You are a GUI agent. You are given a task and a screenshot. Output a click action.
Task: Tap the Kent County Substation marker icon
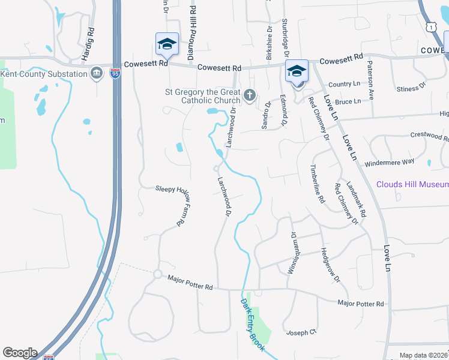pyautogui.click(x=96, y=74)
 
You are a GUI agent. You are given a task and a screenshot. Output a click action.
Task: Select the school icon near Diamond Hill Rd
pyautogui.click(x=167, y=44)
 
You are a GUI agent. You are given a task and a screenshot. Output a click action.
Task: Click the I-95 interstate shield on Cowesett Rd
pyautogui.click(x=115, y=74)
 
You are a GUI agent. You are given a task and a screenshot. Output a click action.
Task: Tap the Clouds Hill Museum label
pyautogui.click(x=412, y=184)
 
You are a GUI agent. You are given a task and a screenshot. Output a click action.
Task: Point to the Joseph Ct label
pyautogui.click(x=301, y=332)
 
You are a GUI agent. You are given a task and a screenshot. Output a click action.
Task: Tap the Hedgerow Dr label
pyautogui.click(x=330, y=266)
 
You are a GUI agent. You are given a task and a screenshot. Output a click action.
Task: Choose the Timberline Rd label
pyautogui.click(x=317, y=184)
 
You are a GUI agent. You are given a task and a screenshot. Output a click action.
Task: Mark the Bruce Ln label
pyautogui.click(x=348, y=102)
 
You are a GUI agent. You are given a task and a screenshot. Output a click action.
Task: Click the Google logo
pyautogui.click(x=20, y=353)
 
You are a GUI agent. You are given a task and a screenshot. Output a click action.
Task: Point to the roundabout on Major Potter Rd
pyautogui.click(x=158, y=274)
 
